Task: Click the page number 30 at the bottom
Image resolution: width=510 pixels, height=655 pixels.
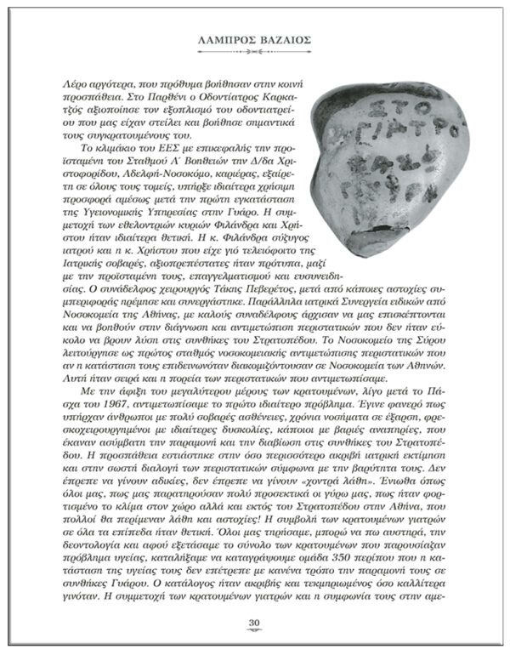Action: point(254,624)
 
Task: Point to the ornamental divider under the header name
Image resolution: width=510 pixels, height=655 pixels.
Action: point(255,52)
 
